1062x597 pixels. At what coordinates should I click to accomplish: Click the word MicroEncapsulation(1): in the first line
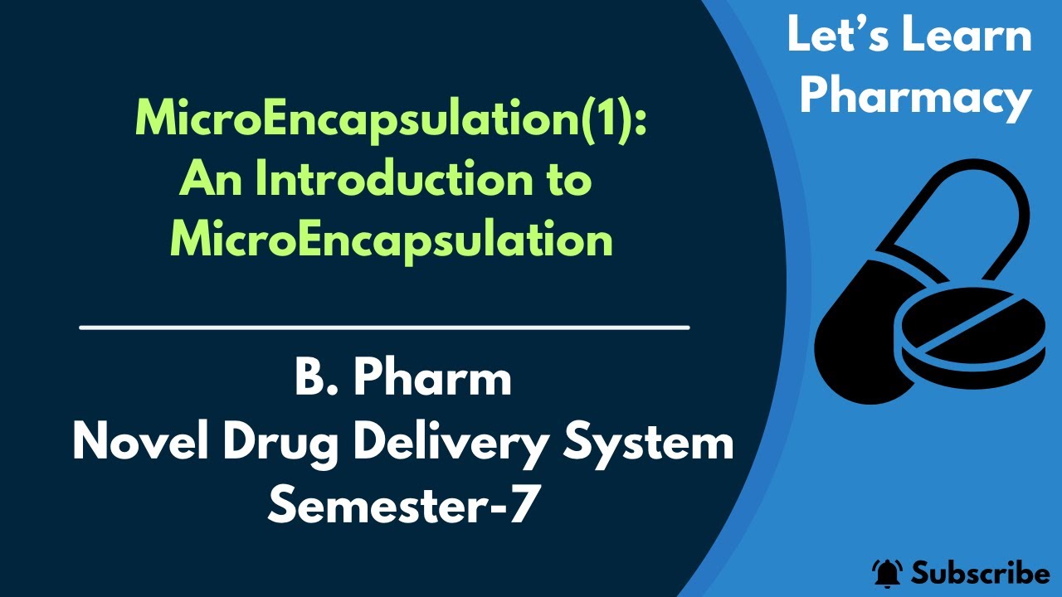pos(389,122)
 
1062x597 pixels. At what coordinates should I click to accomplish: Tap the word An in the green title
pos(208,181)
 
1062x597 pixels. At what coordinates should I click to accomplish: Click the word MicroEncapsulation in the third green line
pos(392,240)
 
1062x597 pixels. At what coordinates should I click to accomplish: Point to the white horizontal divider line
pos(384,328)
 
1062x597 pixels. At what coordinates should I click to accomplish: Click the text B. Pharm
pos(402,380)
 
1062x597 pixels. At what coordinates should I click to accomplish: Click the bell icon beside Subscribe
pos(887,572)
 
